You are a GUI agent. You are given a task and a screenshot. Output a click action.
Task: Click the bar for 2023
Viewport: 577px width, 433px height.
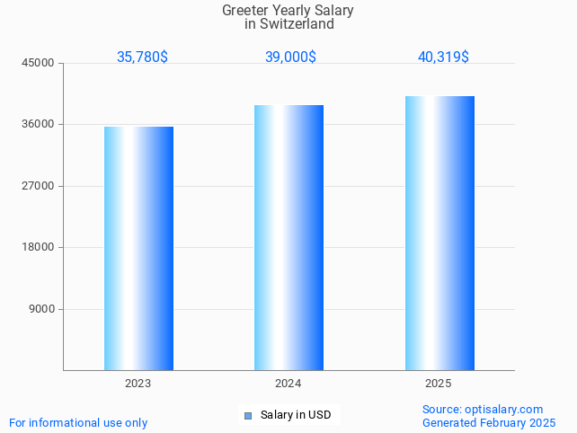tap(138, 248)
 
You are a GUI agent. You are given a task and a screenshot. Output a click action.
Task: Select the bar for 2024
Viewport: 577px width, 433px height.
tap(288, 237)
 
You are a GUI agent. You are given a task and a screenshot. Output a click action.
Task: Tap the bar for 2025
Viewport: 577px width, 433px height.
tap(439, 233)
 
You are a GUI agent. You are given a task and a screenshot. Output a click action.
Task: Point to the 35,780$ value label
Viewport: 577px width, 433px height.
tap(142, 57)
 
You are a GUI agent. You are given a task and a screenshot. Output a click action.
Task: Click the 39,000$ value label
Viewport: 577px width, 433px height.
tap(290, 57)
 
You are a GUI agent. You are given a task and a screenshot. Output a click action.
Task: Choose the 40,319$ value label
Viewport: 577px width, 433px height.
tap(443, 57)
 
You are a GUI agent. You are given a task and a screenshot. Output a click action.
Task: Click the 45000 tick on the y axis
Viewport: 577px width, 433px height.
tap(40, 63)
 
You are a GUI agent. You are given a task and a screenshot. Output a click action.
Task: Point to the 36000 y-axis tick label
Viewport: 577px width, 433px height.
tap(40, 124)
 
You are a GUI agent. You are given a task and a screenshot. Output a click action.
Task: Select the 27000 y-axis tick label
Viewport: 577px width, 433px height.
tap(40, 186)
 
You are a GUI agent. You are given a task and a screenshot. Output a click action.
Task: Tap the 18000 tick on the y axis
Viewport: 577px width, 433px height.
tap(40, 247)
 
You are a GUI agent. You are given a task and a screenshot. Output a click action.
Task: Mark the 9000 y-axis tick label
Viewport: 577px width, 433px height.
tap(42, 309)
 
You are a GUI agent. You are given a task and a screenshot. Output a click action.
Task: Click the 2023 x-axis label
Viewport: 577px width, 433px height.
tap(138, 384)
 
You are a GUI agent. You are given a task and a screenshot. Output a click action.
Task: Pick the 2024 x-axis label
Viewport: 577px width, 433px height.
tap(288, 384)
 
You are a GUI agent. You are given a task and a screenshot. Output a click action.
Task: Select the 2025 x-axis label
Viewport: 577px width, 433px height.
tap(439, 384)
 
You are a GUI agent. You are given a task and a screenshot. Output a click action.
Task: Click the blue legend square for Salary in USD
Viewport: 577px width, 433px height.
tap(248, 415)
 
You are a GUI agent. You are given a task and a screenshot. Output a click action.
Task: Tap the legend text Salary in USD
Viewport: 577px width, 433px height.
tap(296, 415)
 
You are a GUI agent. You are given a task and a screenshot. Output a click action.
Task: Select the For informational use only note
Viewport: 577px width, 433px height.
tap(78, 422)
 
